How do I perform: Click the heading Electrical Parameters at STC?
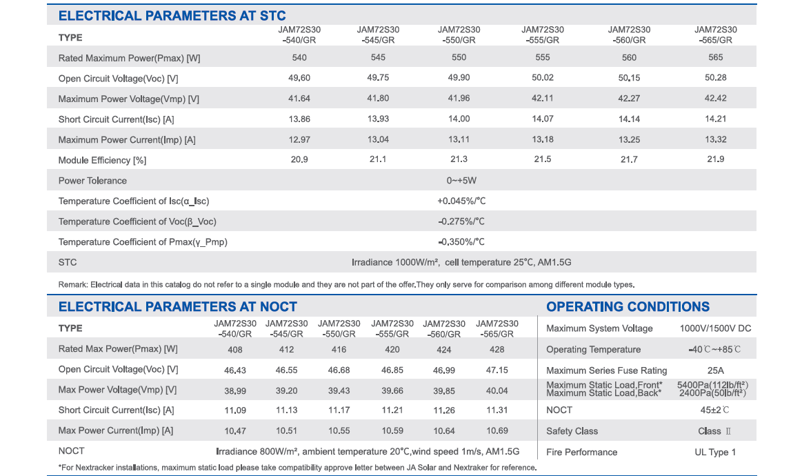(172, 16)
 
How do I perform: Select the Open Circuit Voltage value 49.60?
(299, 78)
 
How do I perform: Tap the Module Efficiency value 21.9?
(716, 159)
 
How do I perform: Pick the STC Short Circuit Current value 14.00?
(459, 119)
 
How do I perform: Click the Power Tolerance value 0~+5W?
(461, 181)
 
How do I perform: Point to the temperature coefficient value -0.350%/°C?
(461, 242)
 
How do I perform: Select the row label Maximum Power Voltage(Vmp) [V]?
(128, 99)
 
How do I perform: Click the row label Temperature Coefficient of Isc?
(134, 201)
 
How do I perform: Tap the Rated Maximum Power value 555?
(543, 57)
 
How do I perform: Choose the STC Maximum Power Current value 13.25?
(629, 139)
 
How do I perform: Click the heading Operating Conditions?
(628, 306)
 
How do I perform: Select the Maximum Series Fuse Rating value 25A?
(716, 370)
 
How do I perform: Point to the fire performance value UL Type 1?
(715, 453)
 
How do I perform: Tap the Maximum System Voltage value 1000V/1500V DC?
(716, 328)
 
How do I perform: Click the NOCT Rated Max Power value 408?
(234, 350)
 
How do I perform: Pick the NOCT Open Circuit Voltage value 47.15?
(497, 370)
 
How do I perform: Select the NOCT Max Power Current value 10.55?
(339, 431)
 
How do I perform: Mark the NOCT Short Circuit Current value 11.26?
(444, 410)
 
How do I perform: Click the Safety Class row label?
(572, 431)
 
